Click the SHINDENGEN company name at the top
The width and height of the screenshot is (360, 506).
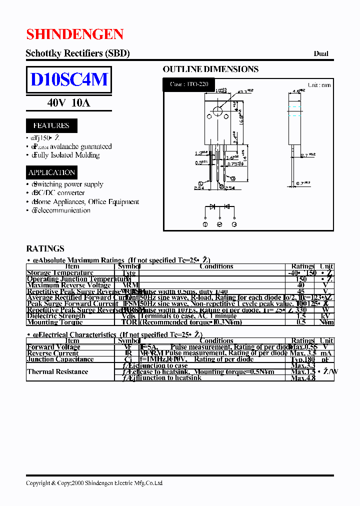(x=74, y=34)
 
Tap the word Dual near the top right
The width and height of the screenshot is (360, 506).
(x=321, y=53)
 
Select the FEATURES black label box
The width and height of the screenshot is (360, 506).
(x=51, y=125)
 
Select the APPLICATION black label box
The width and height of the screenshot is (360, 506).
(x=51, y=172)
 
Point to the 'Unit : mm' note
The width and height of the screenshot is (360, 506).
(x=319, y=85)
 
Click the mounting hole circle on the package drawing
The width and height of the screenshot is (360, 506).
(x=217, y=111)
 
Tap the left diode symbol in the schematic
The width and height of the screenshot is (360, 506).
(x=212, y=206)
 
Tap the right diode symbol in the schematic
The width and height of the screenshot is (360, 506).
(x=226, y=206)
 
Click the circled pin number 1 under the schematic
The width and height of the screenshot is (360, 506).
(x=205, y=224)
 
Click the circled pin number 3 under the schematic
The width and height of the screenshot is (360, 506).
(x=234, y=224)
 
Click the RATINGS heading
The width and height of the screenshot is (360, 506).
(x=45, y=248)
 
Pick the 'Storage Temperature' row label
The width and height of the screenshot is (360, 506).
(x=53, y=273)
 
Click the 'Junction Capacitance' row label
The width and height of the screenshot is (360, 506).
(x=60, y=359)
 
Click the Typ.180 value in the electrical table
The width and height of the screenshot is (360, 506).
(x=302, y=359)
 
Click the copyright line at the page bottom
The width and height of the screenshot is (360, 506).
(x=94, y=483)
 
